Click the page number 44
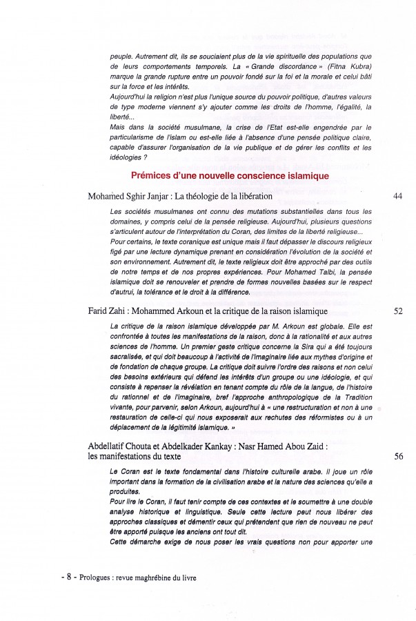pyautogui.click(x=397, y=197)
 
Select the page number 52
pyautogui.click(x=397, y=311)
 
